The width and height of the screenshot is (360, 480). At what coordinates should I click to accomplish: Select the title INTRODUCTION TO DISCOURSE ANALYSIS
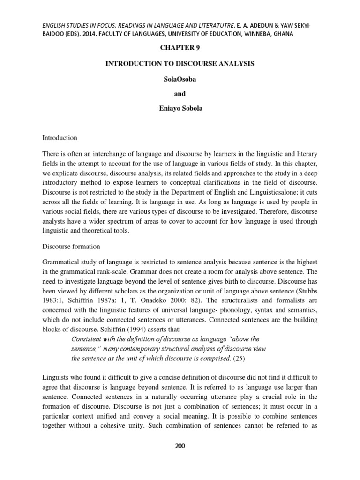click(180, 64)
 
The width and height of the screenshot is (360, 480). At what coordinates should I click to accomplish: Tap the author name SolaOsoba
click(180, 79)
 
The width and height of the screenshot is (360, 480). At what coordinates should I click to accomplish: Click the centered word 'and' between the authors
click(180, 94)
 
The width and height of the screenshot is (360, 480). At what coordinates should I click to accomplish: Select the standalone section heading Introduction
click(60, 138)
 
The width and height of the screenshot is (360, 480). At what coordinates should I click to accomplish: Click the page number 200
click(180, 446)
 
